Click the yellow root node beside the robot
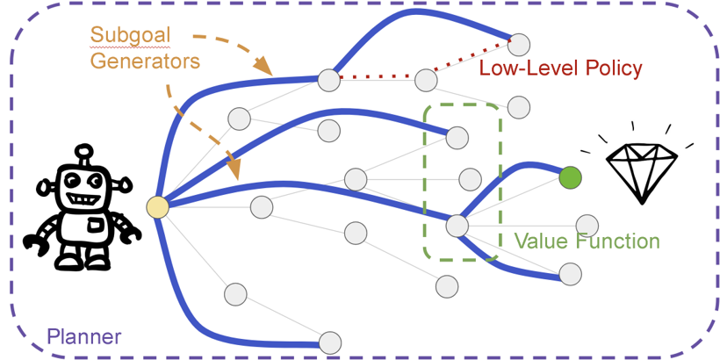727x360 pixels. (157, 207)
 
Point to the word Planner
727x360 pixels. (83, 336)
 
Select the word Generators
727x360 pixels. (145, 61)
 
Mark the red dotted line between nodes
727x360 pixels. (378, 78)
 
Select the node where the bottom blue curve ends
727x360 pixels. (329, 342)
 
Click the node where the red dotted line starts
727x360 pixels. (329, 80)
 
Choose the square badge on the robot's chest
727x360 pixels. (95, 226)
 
